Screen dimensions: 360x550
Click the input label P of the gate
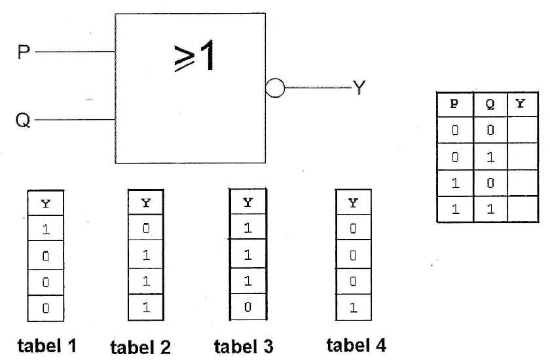24,52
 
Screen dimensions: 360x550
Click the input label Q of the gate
24,121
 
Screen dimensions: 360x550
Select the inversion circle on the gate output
276,88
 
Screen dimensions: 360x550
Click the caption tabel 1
45,345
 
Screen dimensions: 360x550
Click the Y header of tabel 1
45,202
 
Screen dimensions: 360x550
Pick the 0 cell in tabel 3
247,306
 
